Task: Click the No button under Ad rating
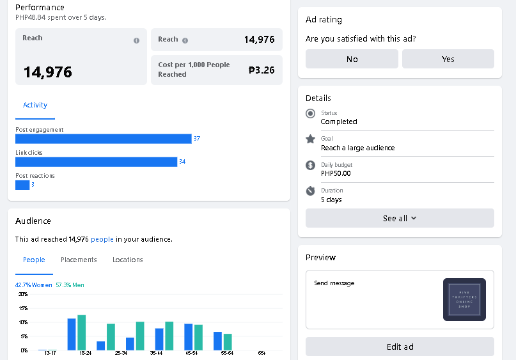point(352,59)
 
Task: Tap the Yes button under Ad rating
point(448,59)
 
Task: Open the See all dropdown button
point(400,218)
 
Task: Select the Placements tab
point(79,260)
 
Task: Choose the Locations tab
point(127,260)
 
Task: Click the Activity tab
point(35,105)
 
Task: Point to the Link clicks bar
point(96,162)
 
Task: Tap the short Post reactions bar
point(22,185)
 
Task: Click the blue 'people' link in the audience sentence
point(102,239)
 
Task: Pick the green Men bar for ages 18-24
point(82,333)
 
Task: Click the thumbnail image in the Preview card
point(464,299)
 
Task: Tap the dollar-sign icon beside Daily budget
point(311,165)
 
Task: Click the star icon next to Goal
point(311,139)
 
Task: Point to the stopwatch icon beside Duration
point(311,191)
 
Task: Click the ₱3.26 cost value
point(262,70)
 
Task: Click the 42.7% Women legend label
point(34,285)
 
